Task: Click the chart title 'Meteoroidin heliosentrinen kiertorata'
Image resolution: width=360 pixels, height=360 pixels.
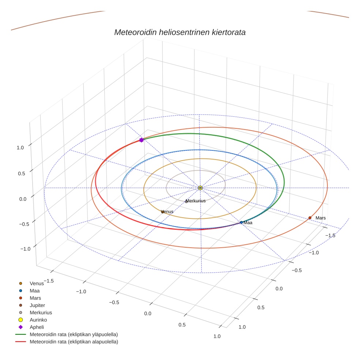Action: click(x=180, y=32)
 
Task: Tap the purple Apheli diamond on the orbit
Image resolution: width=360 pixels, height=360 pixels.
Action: click(x=141, y=140)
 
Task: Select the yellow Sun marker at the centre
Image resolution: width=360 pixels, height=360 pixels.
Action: click(x=200, y=188)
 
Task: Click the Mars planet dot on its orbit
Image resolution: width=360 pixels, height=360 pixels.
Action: click(x=310, y=218)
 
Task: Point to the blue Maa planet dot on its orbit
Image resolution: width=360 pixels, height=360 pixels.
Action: click(x=241, y=222)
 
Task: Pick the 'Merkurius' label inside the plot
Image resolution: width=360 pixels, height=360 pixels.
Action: click(x=196, y=201)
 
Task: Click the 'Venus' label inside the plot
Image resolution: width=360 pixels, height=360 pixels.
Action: click(x=168, y=211)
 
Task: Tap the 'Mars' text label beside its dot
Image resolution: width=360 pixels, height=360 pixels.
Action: click(x=320, y=218)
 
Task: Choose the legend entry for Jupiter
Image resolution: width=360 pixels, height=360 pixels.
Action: click(x=37, y=305)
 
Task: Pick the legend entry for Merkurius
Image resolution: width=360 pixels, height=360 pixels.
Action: click(x=41, y=312)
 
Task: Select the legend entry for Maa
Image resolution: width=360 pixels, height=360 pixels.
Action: click(x=35, y=290)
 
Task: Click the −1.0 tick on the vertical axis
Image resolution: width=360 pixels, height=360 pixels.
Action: click(x=25, y=249)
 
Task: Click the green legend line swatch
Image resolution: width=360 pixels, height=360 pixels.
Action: click(x=20, y=334)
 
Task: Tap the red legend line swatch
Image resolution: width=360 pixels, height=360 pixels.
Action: click(x=20, y=342)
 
